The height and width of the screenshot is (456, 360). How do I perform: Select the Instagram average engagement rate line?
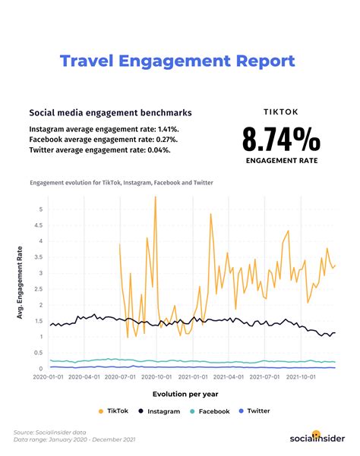[x=104, y=128]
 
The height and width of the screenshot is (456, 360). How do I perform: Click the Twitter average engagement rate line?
[x=99, y=149]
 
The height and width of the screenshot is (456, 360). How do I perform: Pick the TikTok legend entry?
[x=112, y=410]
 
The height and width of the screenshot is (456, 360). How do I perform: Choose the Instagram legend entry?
[x=159, y=410]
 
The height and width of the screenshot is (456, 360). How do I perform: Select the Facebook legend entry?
[x=210, y=410]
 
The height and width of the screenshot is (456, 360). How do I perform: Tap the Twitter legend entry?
[x=254, y=410]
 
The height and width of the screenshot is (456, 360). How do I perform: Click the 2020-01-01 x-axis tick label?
[x=50, y=375]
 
